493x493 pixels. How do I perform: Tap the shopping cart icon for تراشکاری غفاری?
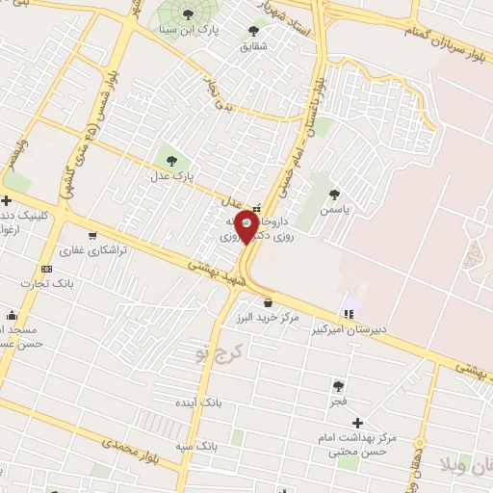(91, 234)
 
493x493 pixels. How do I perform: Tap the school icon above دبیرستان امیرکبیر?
(349, 314)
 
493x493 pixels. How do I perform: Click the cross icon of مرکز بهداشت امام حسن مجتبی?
(357, 422)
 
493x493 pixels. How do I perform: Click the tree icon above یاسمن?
(334, 194)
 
